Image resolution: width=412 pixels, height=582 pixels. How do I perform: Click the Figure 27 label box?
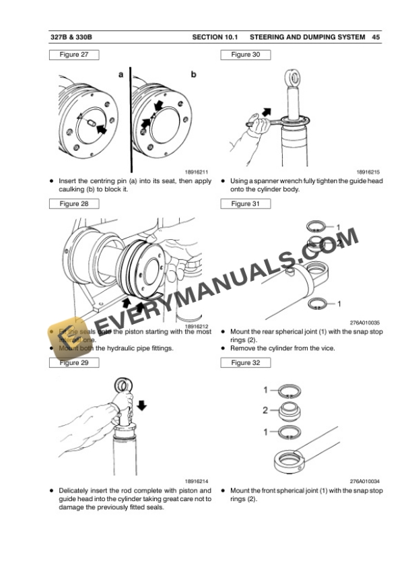point(74,55)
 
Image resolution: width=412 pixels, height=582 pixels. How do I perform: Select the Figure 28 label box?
point(74,203)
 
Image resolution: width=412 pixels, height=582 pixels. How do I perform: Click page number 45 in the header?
point(376,36)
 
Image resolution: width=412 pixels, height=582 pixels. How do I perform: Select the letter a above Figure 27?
point(121,75)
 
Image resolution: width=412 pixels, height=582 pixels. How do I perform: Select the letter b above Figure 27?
point(193,75)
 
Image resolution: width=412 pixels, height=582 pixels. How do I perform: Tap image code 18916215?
point(370,173)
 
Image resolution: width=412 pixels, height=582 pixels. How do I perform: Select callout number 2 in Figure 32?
point(265,409)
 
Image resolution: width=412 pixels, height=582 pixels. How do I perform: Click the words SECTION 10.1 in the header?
point(216,36)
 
